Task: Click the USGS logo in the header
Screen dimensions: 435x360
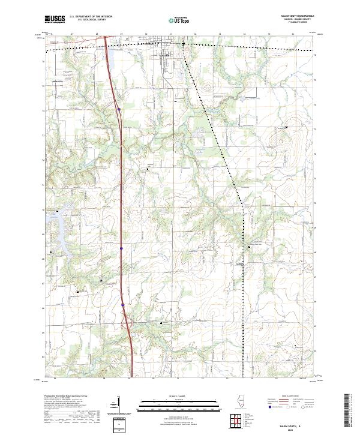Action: coord(55,19)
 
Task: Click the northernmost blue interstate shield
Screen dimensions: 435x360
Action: coord(119,109)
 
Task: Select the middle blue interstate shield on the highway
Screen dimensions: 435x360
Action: coord(121,247)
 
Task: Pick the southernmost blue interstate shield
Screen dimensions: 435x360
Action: coord(122,304)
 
